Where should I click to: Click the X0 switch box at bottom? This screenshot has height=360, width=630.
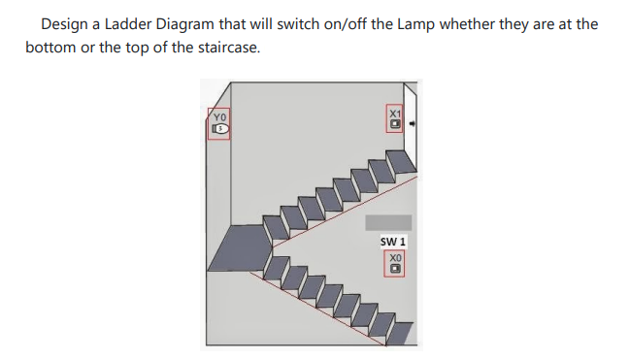pos(395,263)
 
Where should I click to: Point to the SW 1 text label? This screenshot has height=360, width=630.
pos(393,241)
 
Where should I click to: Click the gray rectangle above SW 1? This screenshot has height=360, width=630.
pos(395,222)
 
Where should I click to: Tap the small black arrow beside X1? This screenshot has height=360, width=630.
pos(413,124)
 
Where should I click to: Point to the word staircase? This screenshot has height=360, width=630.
pos(227,47)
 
